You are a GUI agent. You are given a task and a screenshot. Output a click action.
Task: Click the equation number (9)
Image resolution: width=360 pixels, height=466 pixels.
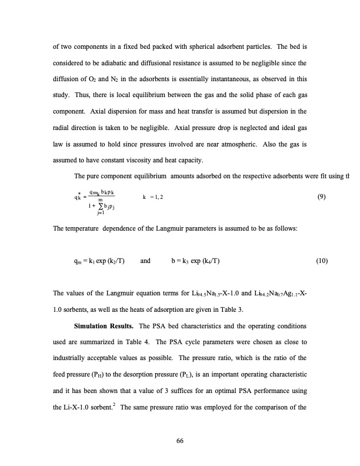[x=322, y=198]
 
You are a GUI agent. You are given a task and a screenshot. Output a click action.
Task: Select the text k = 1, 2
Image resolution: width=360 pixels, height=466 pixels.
[x=154, y=198]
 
